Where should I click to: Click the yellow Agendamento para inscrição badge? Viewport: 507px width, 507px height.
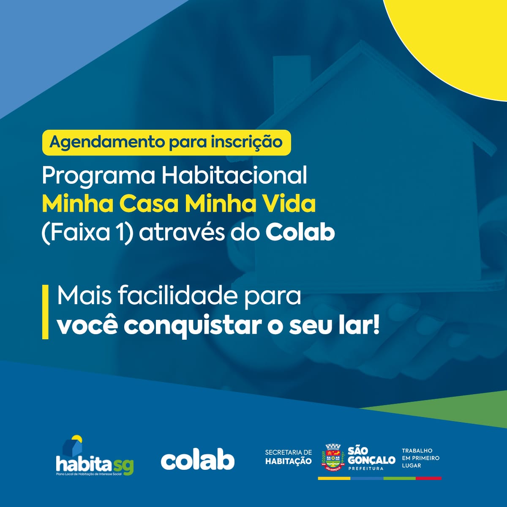(x=166, y=142)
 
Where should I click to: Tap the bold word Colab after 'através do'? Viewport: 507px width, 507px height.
(x=300, y=232)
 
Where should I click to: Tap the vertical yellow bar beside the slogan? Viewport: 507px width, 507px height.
(x=45, y=312)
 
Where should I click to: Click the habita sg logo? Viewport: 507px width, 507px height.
(x=95, y=455)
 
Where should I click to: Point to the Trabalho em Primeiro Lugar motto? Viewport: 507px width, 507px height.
(x=421, y=458)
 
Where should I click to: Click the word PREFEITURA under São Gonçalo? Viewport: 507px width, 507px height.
(x=366, y=469)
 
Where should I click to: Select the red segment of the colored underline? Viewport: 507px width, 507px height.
(x=428, y=478)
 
